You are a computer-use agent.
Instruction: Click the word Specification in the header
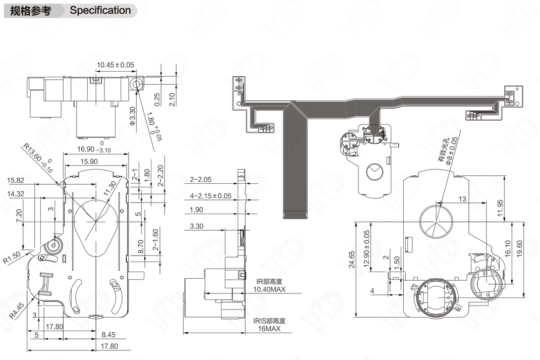pyautogui.click(x=100, y=10)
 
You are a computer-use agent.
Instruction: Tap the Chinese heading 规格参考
pyautogui.click(x=31, y=11)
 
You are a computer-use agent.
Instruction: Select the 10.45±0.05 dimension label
pyautogui.click(x=115, y=65)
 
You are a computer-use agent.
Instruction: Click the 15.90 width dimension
pyautogui.click(x=89, y=162)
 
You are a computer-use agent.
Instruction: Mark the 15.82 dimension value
pyautogui.click(x=16, y=180)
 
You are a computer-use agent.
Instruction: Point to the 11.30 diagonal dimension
pyautogui.click(x=111, y=191)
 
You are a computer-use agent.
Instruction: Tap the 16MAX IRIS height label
pyautogui.click(x=268, y=328)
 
